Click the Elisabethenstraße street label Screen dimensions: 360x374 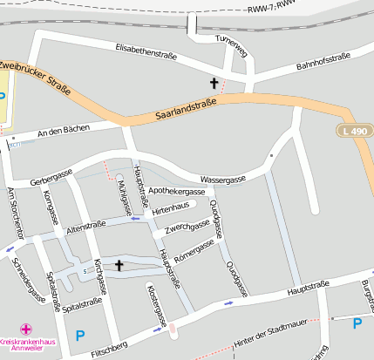[146, 54]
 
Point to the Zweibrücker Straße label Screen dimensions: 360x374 [35, 76]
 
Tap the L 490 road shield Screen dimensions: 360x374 [350, 130]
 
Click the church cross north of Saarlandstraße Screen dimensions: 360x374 [214, 84]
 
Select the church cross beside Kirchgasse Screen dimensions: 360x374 [119, 265]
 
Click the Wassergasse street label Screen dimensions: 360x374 [222, 178]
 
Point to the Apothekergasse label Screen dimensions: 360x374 [177, 190]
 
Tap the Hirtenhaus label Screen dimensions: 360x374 [170, 210]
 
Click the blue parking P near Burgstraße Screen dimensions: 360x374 [357, 323]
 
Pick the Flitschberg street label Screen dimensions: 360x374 [110, 349]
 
